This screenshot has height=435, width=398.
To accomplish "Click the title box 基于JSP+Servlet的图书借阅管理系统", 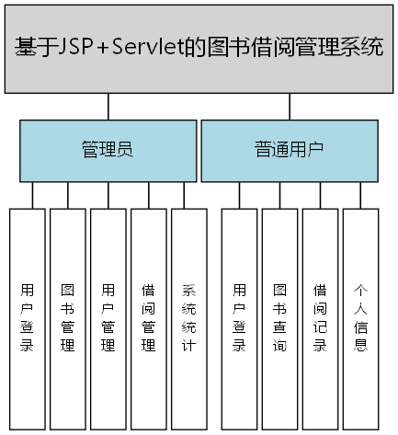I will (x=199, y=48).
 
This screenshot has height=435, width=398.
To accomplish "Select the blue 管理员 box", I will (x=108, y=151).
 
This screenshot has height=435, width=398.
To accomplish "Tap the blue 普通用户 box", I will (x=289, y=151).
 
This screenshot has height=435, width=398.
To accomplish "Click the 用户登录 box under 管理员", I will (x=27, y=317).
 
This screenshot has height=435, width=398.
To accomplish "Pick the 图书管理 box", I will (x=67, y=317).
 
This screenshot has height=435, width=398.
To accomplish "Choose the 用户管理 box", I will (x=108, y=317).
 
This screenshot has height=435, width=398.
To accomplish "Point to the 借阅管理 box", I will (x=148, y=317).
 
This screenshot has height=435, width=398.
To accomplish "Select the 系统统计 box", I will (x=188, y=317).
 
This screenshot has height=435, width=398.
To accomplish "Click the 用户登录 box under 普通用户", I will (x=239, y=317).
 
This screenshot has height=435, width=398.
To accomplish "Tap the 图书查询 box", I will (x=279, y=317).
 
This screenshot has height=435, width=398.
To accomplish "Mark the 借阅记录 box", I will (x=320, y=317).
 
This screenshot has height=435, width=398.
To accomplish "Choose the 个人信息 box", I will (x=360, y=317).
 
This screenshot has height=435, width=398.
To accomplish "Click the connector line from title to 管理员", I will (x=108, y=107).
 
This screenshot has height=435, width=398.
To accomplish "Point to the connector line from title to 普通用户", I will (x=289, y=107).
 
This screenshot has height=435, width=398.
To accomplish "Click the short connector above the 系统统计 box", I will (x=188, y=195).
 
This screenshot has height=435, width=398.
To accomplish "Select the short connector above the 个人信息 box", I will (x=360, y=195).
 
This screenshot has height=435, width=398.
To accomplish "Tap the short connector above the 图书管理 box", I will (x=67, y=195).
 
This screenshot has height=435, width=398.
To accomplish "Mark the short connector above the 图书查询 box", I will (x=279, y=195).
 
